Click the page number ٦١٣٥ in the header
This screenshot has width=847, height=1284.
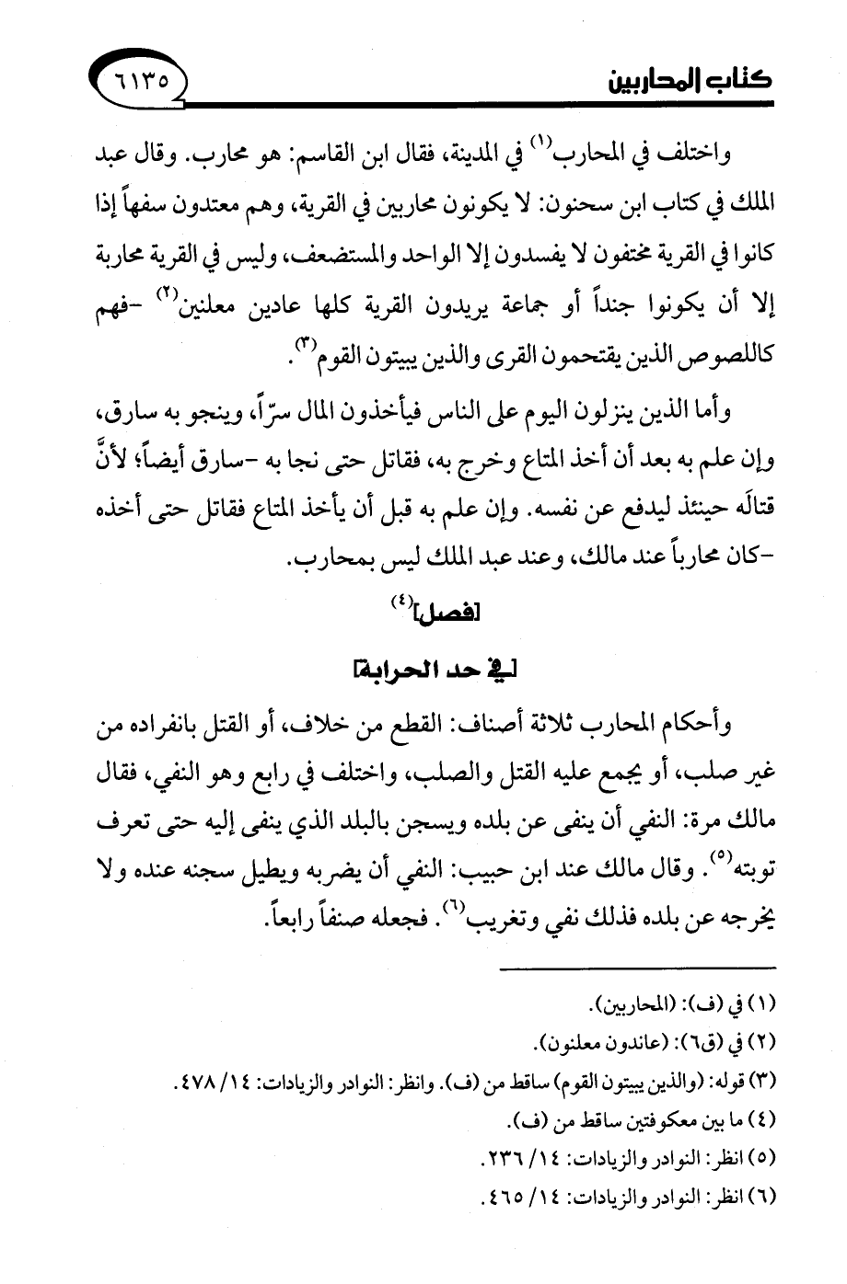click(141, 81)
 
